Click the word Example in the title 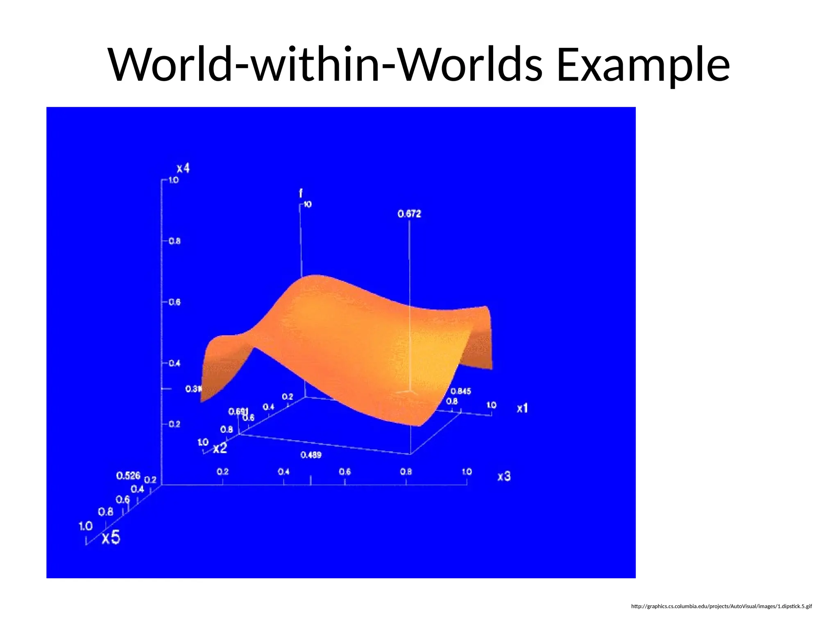coord(643,65)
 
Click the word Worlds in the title coord(471,65)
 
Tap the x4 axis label coord(183,168)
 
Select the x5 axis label coord(111,537)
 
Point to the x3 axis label coord(504,476)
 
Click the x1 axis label coord(522,408)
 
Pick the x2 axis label coord(220,448)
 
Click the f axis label coord(301,193)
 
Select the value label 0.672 coord(409,214)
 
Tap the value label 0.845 coord(460,391)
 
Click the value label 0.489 coord(311,455)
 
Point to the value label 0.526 coord(128,475)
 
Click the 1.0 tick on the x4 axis coord(174,180)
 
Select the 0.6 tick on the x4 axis coord(175,302)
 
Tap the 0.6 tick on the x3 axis coord(345,472)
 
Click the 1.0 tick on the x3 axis coord(467,472)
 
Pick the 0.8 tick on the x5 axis coord(106,512)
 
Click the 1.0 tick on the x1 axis coord(491,405)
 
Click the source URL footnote coord(721,606)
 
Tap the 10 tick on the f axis coord(308,204)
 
